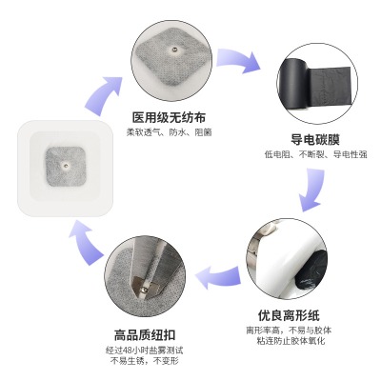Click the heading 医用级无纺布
(169, 117)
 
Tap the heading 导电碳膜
(315, 140)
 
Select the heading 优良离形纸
(289, 316)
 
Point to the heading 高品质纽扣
(145, 335)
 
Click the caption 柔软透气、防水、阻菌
(169, 132)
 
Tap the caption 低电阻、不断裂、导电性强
(316, 154)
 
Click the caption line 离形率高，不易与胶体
(289, 331)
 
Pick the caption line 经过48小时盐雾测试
(145, 351)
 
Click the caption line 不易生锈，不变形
(145, 361)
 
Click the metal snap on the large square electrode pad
(66, 165)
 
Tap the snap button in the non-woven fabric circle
(174, 49)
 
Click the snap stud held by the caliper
(145, 290)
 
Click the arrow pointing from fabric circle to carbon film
(238, 60)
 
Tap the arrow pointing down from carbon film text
(311, 190)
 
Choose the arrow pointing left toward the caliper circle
(217, 277)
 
